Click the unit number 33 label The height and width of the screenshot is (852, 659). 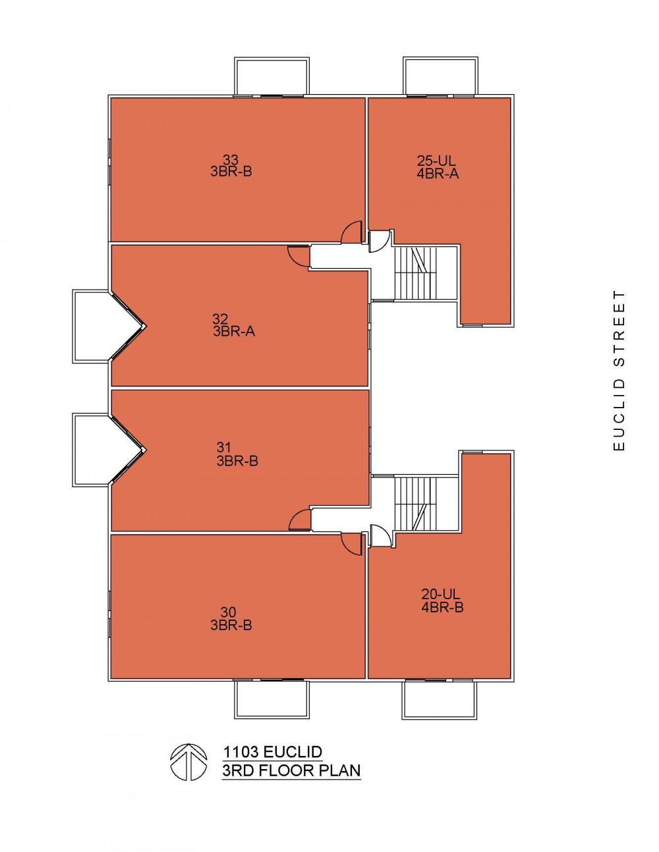click(x=231, y=160)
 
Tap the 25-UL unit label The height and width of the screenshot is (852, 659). click(x=436, y=161)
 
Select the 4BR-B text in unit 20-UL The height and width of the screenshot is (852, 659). click(x=442, y=607)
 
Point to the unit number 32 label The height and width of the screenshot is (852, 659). click(x=220, y=319)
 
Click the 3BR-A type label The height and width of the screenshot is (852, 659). click(x=234, y=332)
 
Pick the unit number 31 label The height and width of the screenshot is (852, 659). click(x=223, y=447)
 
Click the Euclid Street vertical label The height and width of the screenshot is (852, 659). click(x=619, y=370)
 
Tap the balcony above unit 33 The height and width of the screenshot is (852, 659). click(x=272, y=76)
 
